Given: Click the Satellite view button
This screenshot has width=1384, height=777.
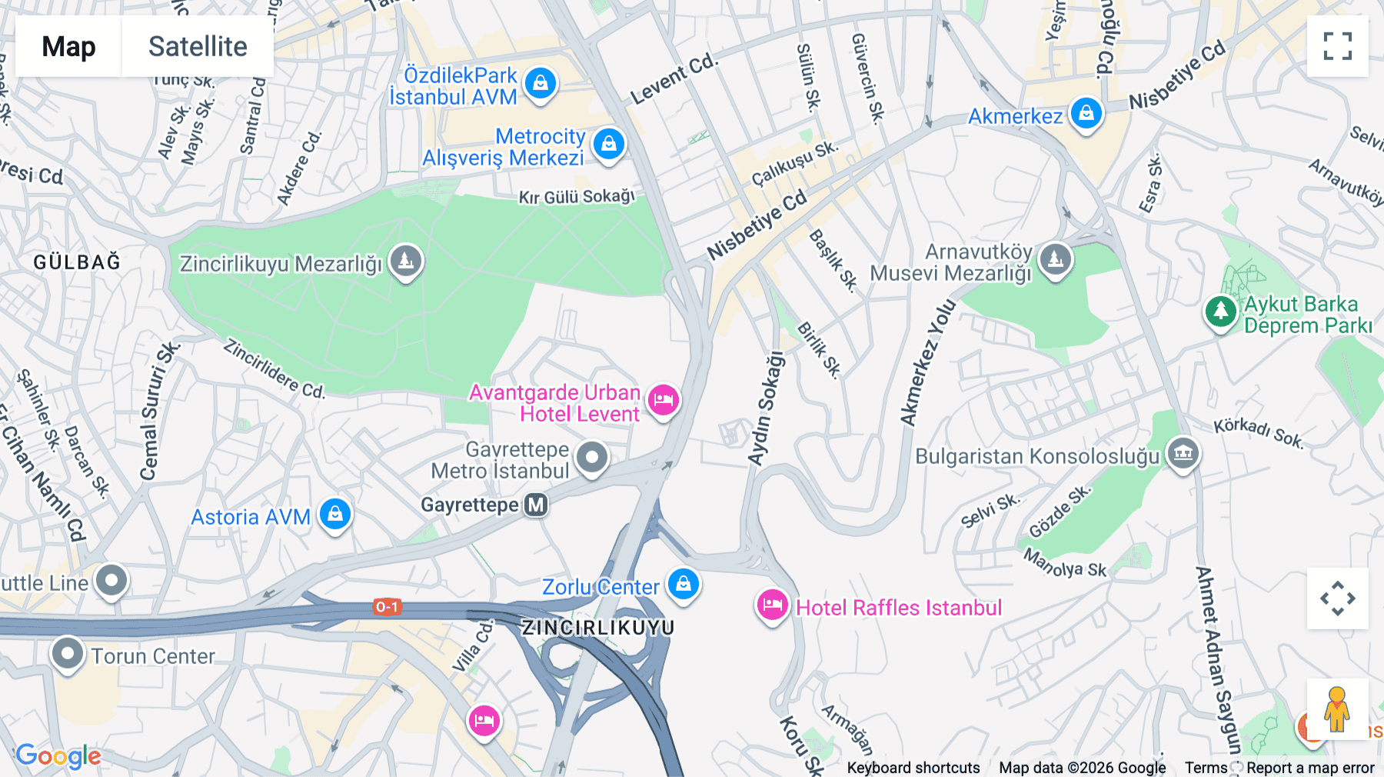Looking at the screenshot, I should pyautogui.click(x=198, y=46).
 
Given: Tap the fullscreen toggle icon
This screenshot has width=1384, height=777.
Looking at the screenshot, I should pyautogui.click(x=1337, y=46).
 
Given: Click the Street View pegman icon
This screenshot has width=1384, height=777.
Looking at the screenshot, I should pyautogui.click(x=1337, y=709).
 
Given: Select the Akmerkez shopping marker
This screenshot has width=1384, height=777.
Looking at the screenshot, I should pyautogui.click(x=1086, y=114).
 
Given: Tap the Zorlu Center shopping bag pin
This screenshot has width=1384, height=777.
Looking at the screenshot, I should pyautogui.click(x=683, y=585).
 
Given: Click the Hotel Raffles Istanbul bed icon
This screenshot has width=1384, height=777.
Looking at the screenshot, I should pyautogui.click(x=772, y=605).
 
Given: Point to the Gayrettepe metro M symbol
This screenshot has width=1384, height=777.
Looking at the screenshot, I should pyautogui.click(x=536, y=505).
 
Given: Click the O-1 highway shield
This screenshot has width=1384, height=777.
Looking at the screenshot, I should pyautogui.click(x=387, y=607).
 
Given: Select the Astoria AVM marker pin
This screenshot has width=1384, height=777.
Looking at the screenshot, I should pyautogui.click(x=335, y=514).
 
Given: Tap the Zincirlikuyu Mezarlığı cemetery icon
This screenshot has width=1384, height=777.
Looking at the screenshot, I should pyautogui.click(x=406, y=261).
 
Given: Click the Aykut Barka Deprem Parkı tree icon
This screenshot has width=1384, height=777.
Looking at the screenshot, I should pyautogui.click(x=1220, y=311).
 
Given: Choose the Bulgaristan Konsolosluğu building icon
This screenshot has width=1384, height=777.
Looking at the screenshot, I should pyautogui.click(x=1183, y=453).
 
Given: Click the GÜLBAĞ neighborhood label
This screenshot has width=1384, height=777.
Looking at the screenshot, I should pyautogui.click(x=77, y=262).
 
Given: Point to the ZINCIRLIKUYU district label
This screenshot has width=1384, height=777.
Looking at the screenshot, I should pyautogui.click(x=598, y=628).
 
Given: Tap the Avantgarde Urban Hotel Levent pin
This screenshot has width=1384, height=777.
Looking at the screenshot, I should pyautogui.click(x=663, y=399).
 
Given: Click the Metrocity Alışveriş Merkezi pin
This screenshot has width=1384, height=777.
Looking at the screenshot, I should pyautogui.click(x=609, y=144).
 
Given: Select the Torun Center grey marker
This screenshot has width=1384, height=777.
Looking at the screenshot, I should pyautogui.click(x=67, y=654).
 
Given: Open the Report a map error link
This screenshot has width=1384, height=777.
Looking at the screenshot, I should pyautogui.click(x=1310, y=768).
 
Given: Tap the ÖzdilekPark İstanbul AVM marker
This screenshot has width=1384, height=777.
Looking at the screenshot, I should pyautogui.click(x=541, y=82).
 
